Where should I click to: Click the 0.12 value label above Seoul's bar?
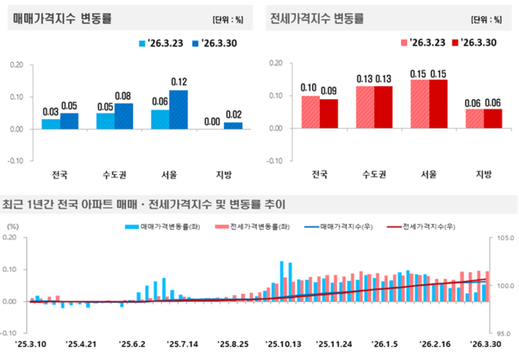coord(179,82)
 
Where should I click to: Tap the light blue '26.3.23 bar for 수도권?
coord(105,121)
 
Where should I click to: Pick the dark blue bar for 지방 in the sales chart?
coord(233,125)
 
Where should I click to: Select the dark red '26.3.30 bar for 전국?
coord(328,113)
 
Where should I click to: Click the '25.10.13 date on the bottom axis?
coord(282,341)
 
